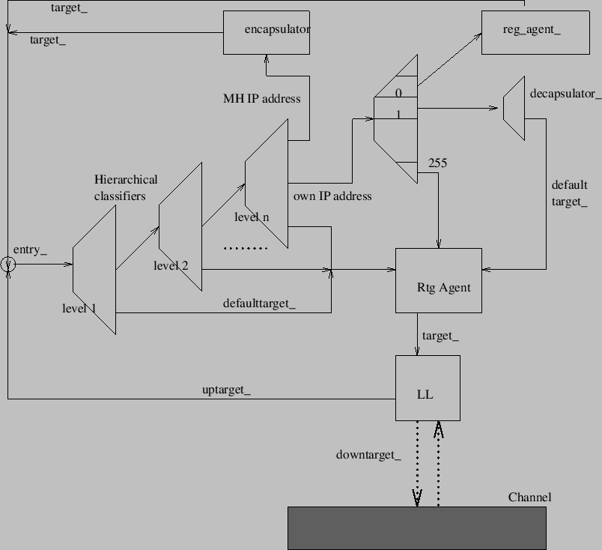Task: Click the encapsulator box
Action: click(x=267, y=32)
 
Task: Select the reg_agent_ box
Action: click(x=524, y=32)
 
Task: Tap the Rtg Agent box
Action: click(x=439, y=280)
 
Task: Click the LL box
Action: click(x=428, y=388)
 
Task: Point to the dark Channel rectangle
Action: click(x=417, y=528)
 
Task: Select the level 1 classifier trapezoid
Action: click(x=95, y=270)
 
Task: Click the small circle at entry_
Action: click(x=7, y=264)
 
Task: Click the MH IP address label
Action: click(x=261, y=98)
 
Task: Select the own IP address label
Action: click(x=332, y=196)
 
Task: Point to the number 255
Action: click(x=437, y=162)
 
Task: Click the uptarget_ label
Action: click(x=226, y=390)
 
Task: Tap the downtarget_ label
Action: click(x=368, y=455)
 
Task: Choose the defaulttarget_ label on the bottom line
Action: click(x=259, y=303)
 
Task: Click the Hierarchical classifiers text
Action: click(x=125, y=187)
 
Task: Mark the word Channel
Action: click(x=529, y=498)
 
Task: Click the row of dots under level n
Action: click(x=246, y=248)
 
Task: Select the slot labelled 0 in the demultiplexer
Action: click(x=398, y=93)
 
